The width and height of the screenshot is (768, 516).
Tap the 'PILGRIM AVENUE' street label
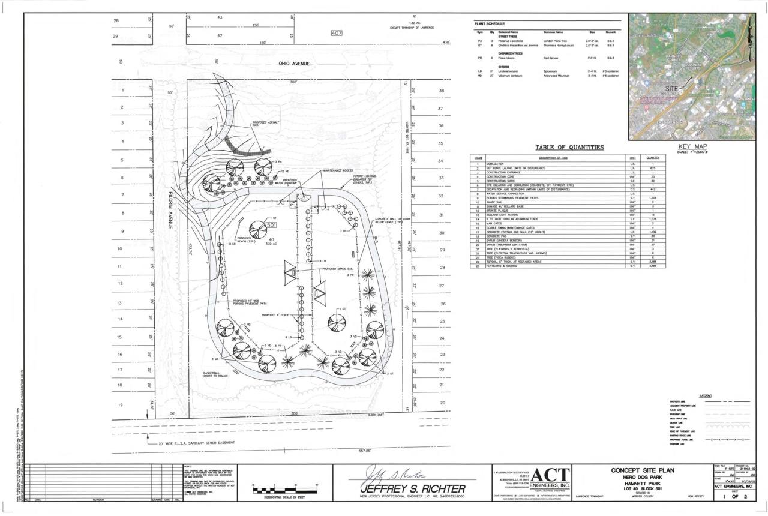point(170,210)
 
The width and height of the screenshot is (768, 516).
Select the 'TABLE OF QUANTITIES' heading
point(569,148)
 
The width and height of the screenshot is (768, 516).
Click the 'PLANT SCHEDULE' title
point(490,23)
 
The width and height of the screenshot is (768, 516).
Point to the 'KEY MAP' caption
point(693,146)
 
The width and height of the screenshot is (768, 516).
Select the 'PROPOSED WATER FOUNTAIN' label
point(290,182)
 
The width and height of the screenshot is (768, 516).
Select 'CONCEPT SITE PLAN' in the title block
point(645,470)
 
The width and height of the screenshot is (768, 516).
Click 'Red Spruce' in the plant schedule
point(551,58)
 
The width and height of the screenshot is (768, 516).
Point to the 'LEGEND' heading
point(706,395)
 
